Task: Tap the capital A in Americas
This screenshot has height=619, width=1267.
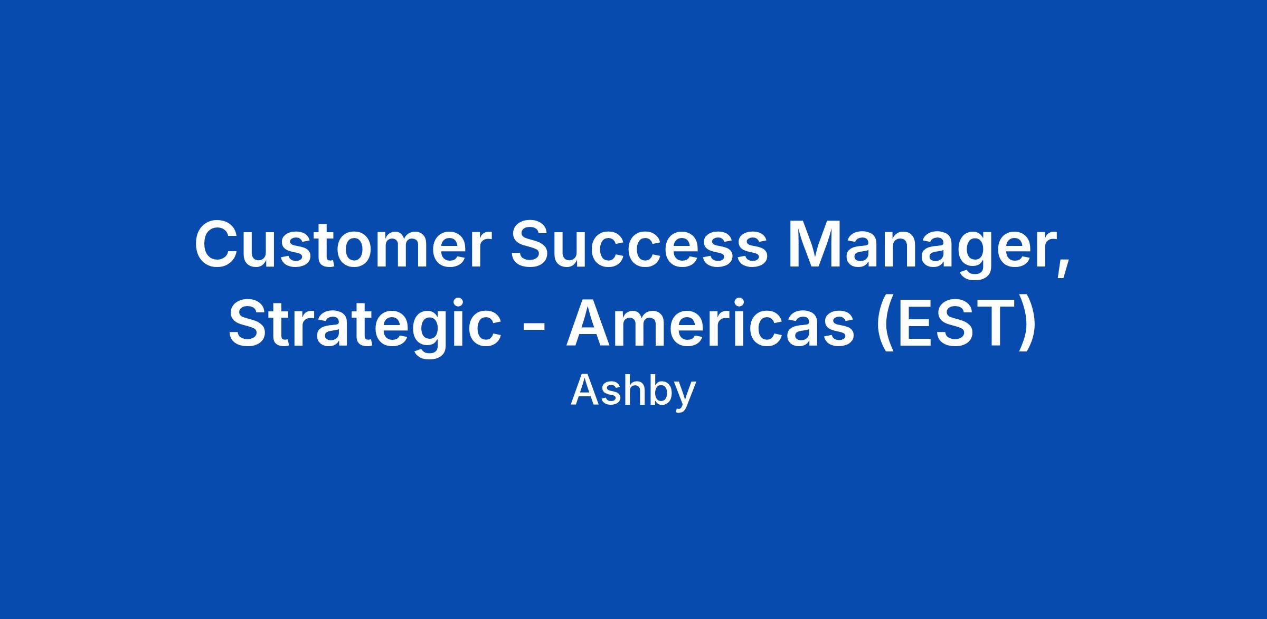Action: pyautogui.click(x=590, y=323)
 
